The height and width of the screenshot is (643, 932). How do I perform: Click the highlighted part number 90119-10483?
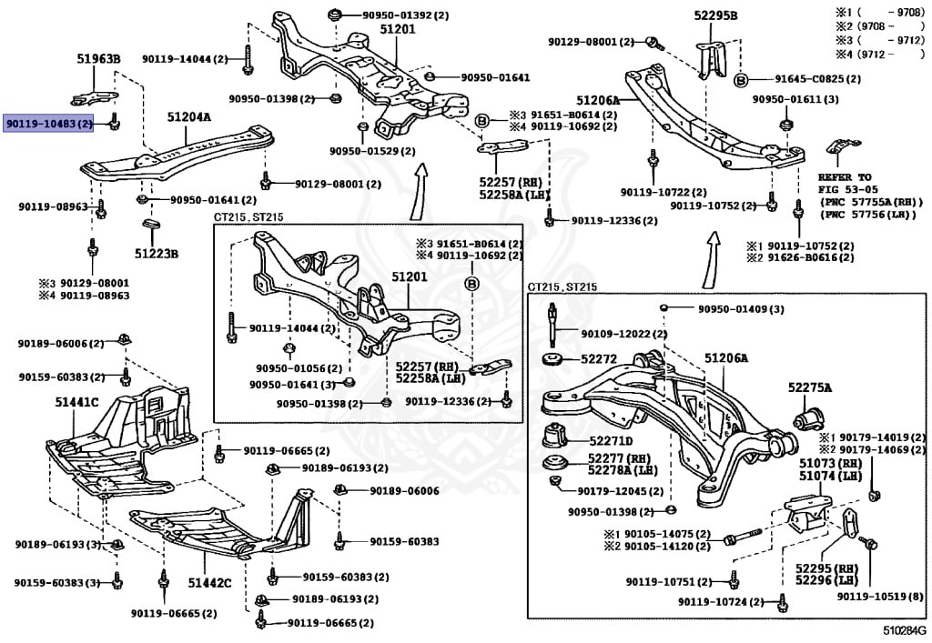click(49, 123)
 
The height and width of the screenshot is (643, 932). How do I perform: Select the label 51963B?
click(97, 59)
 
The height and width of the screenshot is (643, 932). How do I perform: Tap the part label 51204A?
click(188, 117)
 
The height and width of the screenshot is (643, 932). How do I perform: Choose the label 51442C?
click(210, 582)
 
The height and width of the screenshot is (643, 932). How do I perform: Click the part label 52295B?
click(715, 15)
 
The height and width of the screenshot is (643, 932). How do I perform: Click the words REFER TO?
click(844, 177)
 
